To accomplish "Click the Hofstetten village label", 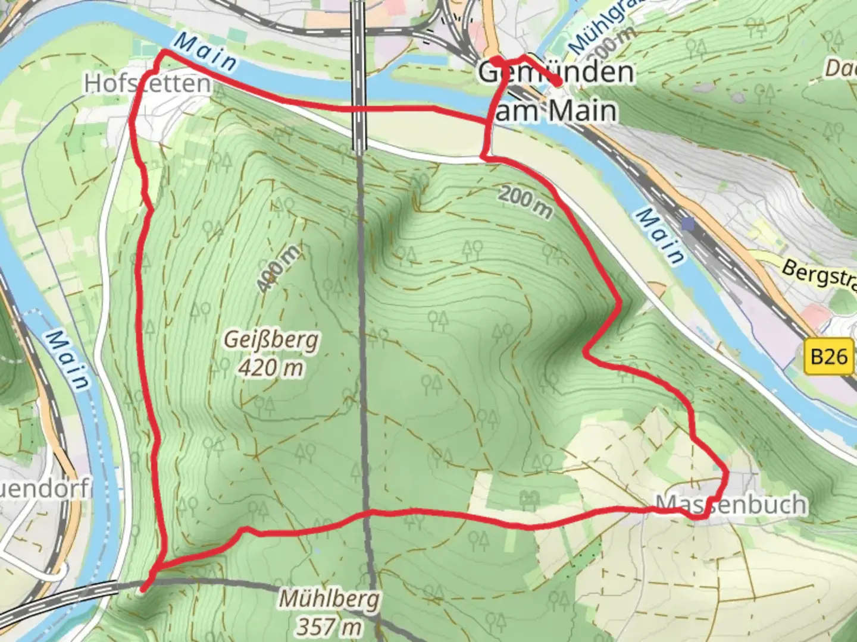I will point(147,83).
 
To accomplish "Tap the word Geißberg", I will point(271,340).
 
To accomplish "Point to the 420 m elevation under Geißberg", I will point(271,368).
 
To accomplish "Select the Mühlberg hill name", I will point(329,599).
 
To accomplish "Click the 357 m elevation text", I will point(329,626).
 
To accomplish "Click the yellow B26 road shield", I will point(828,357).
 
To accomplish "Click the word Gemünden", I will point(556,73).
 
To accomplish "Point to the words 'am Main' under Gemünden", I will point(555,111).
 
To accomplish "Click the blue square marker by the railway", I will point(689,224).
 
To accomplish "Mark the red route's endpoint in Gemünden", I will point(558,84).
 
